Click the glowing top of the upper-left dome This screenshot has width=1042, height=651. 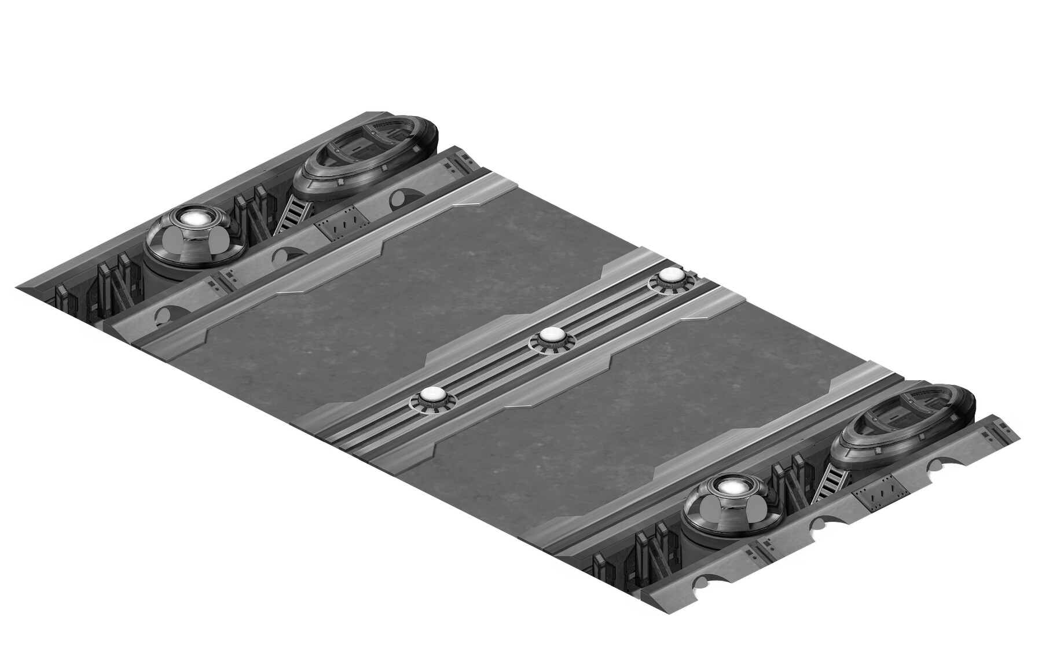click(x=193, y=219)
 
